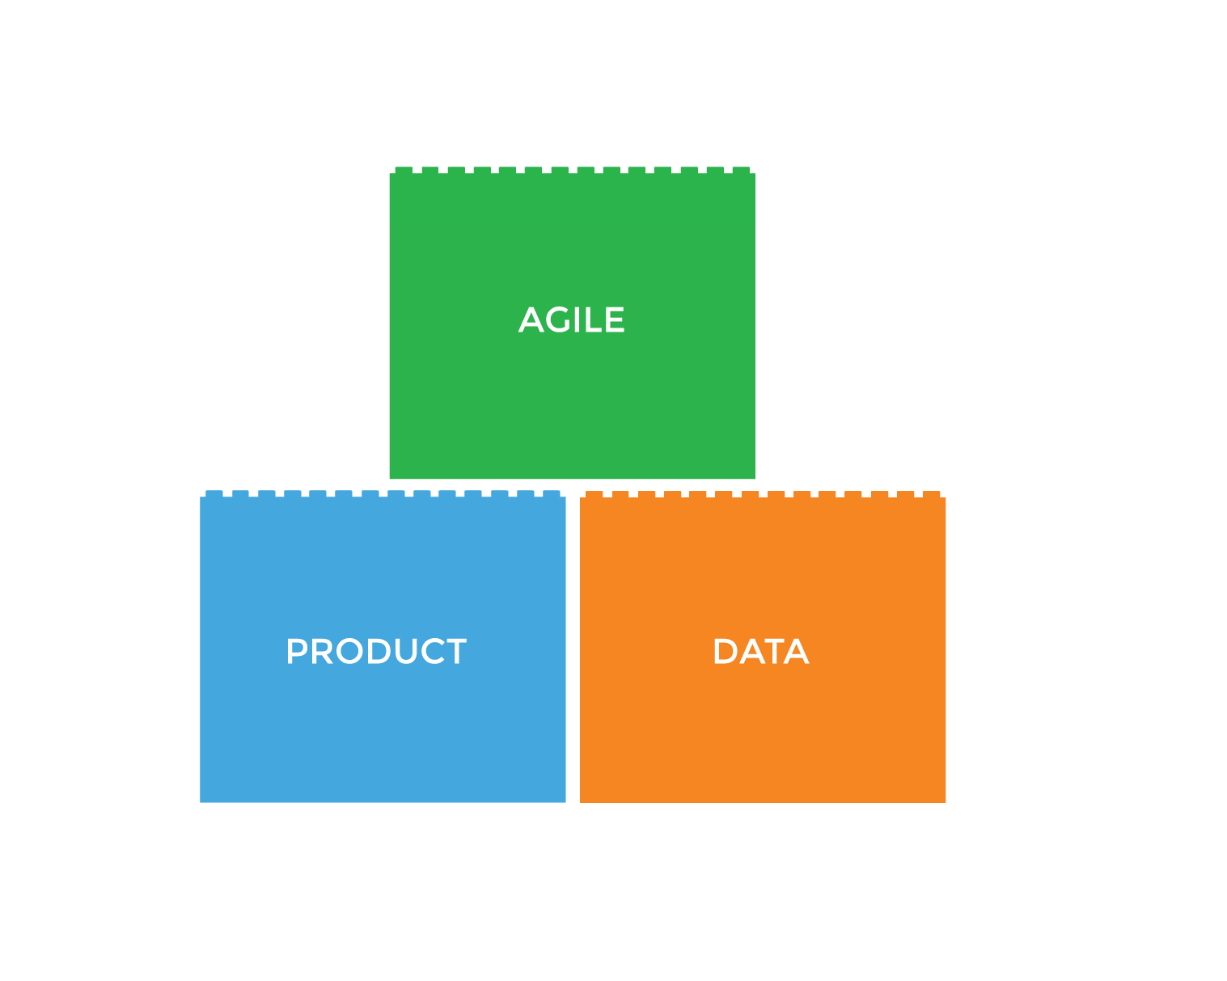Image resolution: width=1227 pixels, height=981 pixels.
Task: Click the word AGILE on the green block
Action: [x=571, y=320]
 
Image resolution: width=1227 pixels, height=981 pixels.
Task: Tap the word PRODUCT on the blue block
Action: [x=376, y=652]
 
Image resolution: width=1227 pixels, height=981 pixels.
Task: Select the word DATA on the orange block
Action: [x=760, y=652]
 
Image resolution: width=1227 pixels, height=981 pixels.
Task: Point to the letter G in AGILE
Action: [x=559, y=320]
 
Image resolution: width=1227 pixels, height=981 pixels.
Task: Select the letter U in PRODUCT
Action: [x=401, y=652]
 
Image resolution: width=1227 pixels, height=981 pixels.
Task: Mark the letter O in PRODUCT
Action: [x=349, y=652]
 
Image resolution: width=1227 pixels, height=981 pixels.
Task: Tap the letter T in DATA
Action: [x=772, y=652]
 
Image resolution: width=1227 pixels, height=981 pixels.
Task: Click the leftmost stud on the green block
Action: [x=404, y=170]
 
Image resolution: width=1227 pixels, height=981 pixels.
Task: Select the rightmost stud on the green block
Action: [x=741, y=170]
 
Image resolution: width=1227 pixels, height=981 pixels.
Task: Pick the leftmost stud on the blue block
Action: [x=214, y=493]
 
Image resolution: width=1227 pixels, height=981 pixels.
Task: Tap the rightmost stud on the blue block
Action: [x=552, y=493]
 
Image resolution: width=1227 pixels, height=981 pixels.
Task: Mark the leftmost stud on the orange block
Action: [x=594, y=494]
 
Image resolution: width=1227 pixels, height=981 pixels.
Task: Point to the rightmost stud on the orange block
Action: [x=932, y=494]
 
